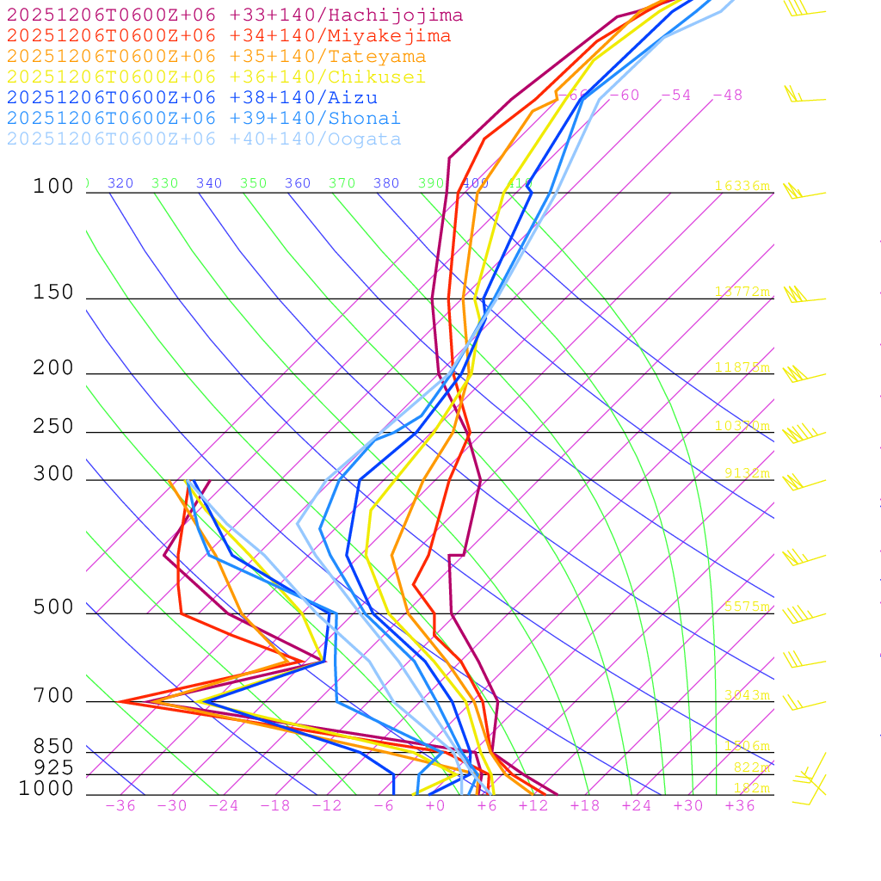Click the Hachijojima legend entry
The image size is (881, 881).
pos(235,15)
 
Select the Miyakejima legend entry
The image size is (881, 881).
pos(229,36)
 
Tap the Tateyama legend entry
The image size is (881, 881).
pos(217,57)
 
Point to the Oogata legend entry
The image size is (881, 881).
pos(204,139)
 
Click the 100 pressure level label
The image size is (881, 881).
pos(53,187)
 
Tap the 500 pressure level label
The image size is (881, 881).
pos(53,608)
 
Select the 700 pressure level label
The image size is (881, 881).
pos(53,697)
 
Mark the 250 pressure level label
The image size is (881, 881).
pos(53,427)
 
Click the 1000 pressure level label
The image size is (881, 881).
pos(46,789)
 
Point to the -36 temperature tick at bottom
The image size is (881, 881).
pos(120,806)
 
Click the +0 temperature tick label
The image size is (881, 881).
pos(435,806)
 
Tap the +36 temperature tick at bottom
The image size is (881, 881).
pos(740,806)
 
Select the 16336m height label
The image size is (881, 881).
pos(742,186)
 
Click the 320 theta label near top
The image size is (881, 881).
pos(120,183)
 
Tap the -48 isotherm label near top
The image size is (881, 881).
pos(727,95)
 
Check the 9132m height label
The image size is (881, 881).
pos(747,472)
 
